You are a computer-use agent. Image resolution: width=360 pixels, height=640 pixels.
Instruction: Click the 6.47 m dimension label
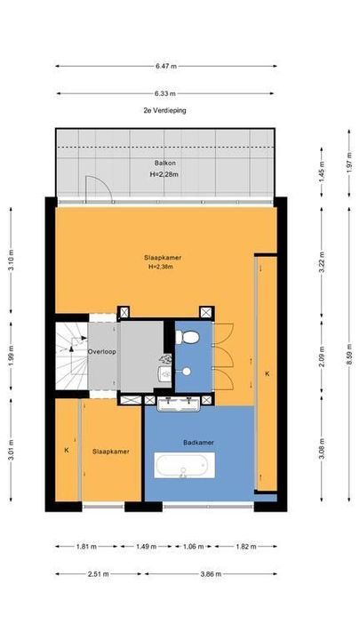pyautogui.click(x=166, y=66)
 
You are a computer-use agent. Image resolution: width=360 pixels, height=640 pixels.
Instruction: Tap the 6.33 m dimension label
pyautogui.click(x=165, y=93)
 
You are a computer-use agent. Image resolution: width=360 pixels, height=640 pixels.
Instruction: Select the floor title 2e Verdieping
pyautogui.click(x=165, y=110)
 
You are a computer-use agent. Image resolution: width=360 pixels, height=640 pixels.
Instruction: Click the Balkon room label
pyautogui.click(x=165, y=163)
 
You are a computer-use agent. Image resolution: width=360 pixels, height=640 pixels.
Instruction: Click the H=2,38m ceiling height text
pyautogui.click(x=162, y=268)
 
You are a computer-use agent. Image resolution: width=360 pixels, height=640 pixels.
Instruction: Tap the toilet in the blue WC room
pyautogui.click(x=188, y=337)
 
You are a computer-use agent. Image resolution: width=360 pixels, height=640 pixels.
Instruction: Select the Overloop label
pyautogui.click(x=102, y=351)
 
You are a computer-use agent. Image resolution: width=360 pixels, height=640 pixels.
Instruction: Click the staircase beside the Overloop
pyautogui.click(x=71, y=356)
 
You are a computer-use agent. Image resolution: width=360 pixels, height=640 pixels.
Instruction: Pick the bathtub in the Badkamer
pyautogui.click(x=185, y=465)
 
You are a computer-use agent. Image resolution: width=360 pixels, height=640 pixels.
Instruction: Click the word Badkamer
pyautogui.click(x=198, y=443)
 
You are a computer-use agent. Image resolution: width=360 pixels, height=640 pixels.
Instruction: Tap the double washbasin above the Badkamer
pyautogui.click(x=179, y=404)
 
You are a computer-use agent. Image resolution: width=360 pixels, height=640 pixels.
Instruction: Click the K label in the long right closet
pyautogui.click(x=268, y=373)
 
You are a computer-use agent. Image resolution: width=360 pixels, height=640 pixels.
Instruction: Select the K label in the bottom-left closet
pyautogui.click(x=66, y=450)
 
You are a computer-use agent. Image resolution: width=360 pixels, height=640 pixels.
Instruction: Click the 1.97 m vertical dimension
pyautogui.click(x=349, y=163)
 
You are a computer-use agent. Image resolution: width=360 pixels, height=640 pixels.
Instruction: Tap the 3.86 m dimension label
pyautogui.click(x=211, y=574)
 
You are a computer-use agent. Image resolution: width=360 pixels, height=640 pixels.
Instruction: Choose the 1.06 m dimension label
pyautogui.click(x=195, y=547)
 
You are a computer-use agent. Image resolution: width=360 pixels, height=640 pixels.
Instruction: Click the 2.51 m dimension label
pyautogui.click(x=99, y=574)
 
